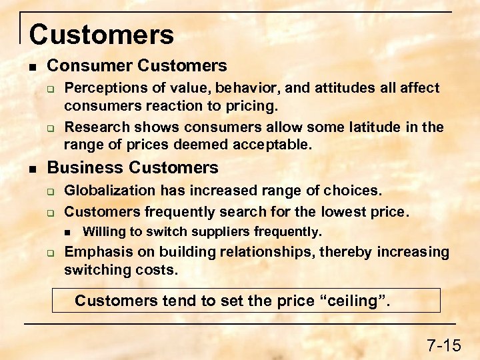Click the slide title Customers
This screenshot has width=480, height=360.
101,35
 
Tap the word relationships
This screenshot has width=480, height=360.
290,252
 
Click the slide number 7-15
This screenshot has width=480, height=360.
443,345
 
